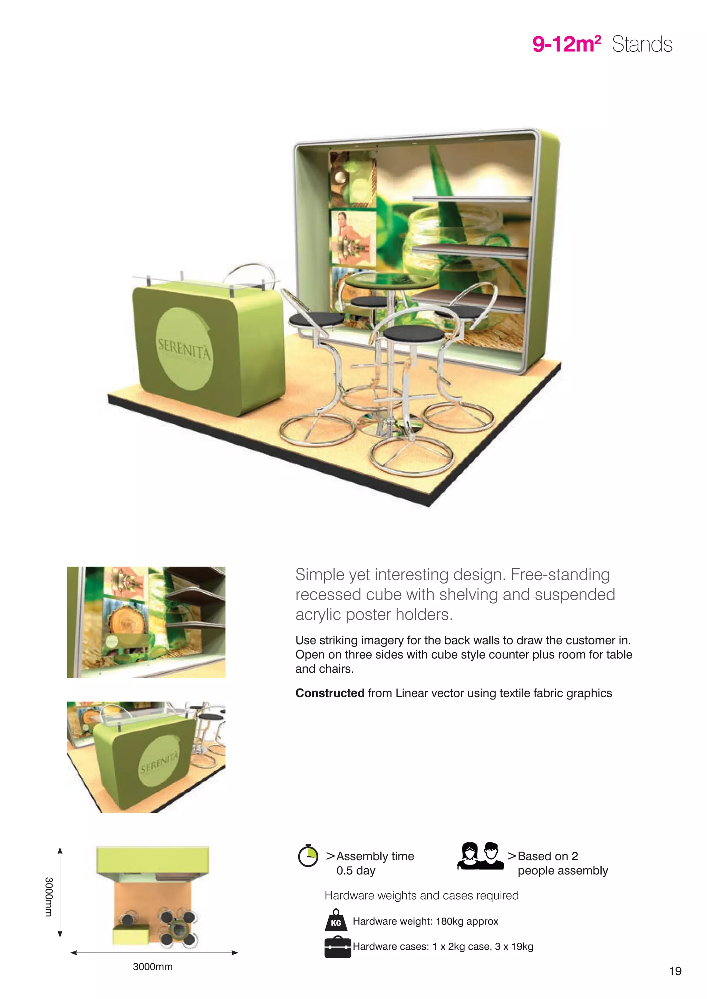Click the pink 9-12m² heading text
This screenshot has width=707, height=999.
tap(566, 44)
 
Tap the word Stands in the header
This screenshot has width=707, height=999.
tap(642, 44)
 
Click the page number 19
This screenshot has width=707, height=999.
tap(675, 971)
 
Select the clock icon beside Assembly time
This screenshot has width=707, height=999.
tap(308, 856)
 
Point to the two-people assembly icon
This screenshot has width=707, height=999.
tap(480, 856)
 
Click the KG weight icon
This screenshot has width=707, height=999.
tap(336, 920)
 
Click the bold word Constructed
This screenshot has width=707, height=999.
tap(330, 693)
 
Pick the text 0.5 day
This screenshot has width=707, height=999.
tap(355, 871)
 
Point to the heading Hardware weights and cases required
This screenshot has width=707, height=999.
tap(422, 896)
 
